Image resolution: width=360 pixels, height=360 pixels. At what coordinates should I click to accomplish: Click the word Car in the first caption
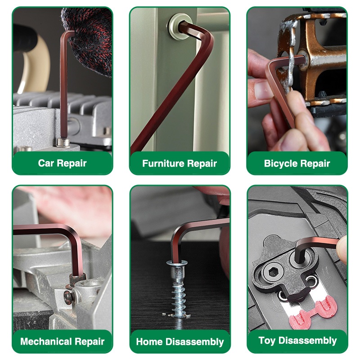pyautogui.click(x=46, y=163)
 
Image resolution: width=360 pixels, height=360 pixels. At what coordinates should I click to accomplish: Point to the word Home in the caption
pyautogui.click(x=149, y=342)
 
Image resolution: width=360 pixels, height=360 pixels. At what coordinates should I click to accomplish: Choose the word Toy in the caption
pyautogui.click(x=267, y=341)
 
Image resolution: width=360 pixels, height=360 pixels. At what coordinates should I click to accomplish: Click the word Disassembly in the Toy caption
pyautogui.click(x=307, y=341)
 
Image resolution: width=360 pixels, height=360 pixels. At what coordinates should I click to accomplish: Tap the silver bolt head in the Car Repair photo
pyautogui.click(x=63, y=142)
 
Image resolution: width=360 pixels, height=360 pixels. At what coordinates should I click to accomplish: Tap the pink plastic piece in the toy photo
pyautogui.click(x=313, y=312)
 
